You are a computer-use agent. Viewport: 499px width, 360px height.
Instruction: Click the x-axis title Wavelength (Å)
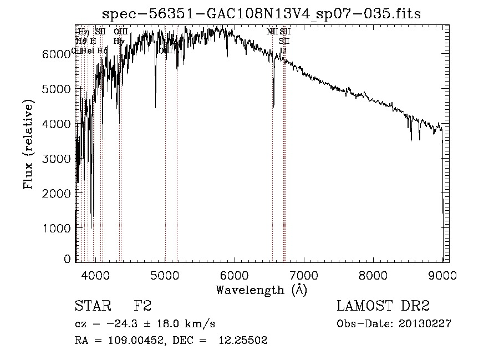[261, 290]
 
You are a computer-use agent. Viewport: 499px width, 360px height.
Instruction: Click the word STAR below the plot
[90, 306]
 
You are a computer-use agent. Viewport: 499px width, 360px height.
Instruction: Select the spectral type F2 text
[144, 306]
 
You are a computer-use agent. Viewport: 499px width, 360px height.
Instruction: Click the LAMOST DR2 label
[383, 306]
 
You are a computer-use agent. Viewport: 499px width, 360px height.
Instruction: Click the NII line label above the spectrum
[272, 32]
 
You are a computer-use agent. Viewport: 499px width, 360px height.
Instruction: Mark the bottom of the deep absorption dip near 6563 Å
[273, 105]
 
